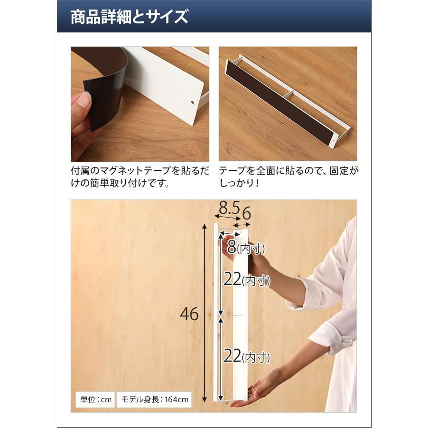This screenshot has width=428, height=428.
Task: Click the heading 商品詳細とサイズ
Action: (x=129, y=17)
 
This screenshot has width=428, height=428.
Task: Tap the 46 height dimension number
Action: (x=189, y=314)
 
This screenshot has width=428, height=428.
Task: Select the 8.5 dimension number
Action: (x=230, y=208)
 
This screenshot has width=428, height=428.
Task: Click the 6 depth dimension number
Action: (x=246, y=213)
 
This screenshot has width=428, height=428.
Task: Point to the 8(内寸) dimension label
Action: (x=246, y=247)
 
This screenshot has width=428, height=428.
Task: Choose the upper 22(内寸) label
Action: (x=247, y=279)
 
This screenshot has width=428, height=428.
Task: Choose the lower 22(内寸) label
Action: (x=247, y=356)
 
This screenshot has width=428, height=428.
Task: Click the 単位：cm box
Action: (x=95, y=400)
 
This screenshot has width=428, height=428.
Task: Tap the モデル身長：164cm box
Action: (x=155, y=400)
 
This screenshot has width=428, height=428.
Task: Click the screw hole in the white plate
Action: (x=193, y=103)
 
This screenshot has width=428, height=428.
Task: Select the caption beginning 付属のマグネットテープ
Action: (x=140, y=177)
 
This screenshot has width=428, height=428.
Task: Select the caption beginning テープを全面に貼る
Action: (x=288, y=177)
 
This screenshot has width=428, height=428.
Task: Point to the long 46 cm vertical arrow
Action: (x=204, y=313)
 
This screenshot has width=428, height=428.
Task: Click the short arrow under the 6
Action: (x=242, y=225)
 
